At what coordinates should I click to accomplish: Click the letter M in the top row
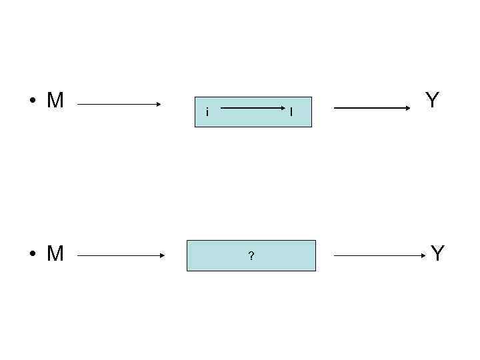(55, 101)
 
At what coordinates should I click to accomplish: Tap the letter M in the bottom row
(55, 254)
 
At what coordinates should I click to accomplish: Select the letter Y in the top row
(432, 101)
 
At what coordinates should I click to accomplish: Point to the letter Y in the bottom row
(437, 254)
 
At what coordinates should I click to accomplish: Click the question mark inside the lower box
(251, 256)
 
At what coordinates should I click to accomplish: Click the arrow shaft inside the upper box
(250, 107)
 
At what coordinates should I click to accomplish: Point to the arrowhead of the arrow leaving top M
(159, 104)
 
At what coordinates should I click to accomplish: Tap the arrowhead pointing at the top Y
(415, 107)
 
